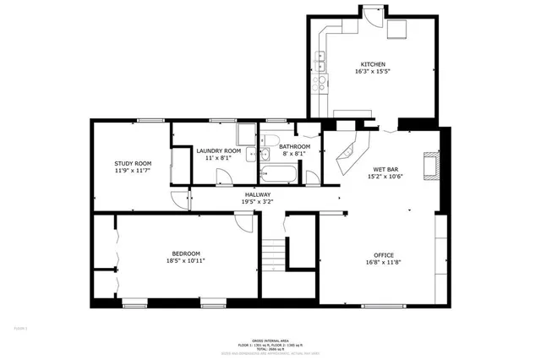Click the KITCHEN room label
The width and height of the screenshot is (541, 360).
pos(373,65)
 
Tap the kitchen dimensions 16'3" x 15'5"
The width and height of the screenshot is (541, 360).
pos(373,73)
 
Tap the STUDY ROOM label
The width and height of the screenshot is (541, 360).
pos(133,163)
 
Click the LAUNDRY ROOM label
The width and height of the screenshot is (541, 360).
pos(218,151)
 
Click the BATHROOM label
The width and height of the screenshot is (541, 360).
pos(295,146)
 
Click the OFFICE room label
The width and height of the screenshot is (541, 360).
pos(384,255)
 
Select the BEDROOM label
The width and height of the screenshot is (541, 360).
pos(187,254)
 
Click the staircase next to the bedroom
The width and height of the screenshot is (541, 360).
pos(272,254)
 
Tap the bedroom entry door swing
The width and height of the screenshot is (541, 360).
pos(243,221)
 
